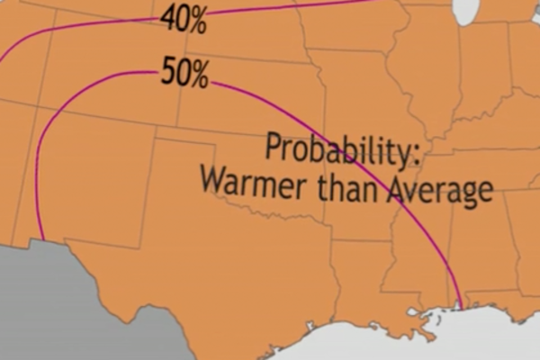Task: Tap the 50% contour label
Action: [x=184, y=74]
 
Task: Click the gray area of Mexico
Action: [x=54, y=306]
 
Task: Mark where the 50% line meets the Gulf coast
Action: [x=460, y=307]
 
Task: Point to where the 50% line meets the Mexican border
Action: [x=41, y=239]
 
